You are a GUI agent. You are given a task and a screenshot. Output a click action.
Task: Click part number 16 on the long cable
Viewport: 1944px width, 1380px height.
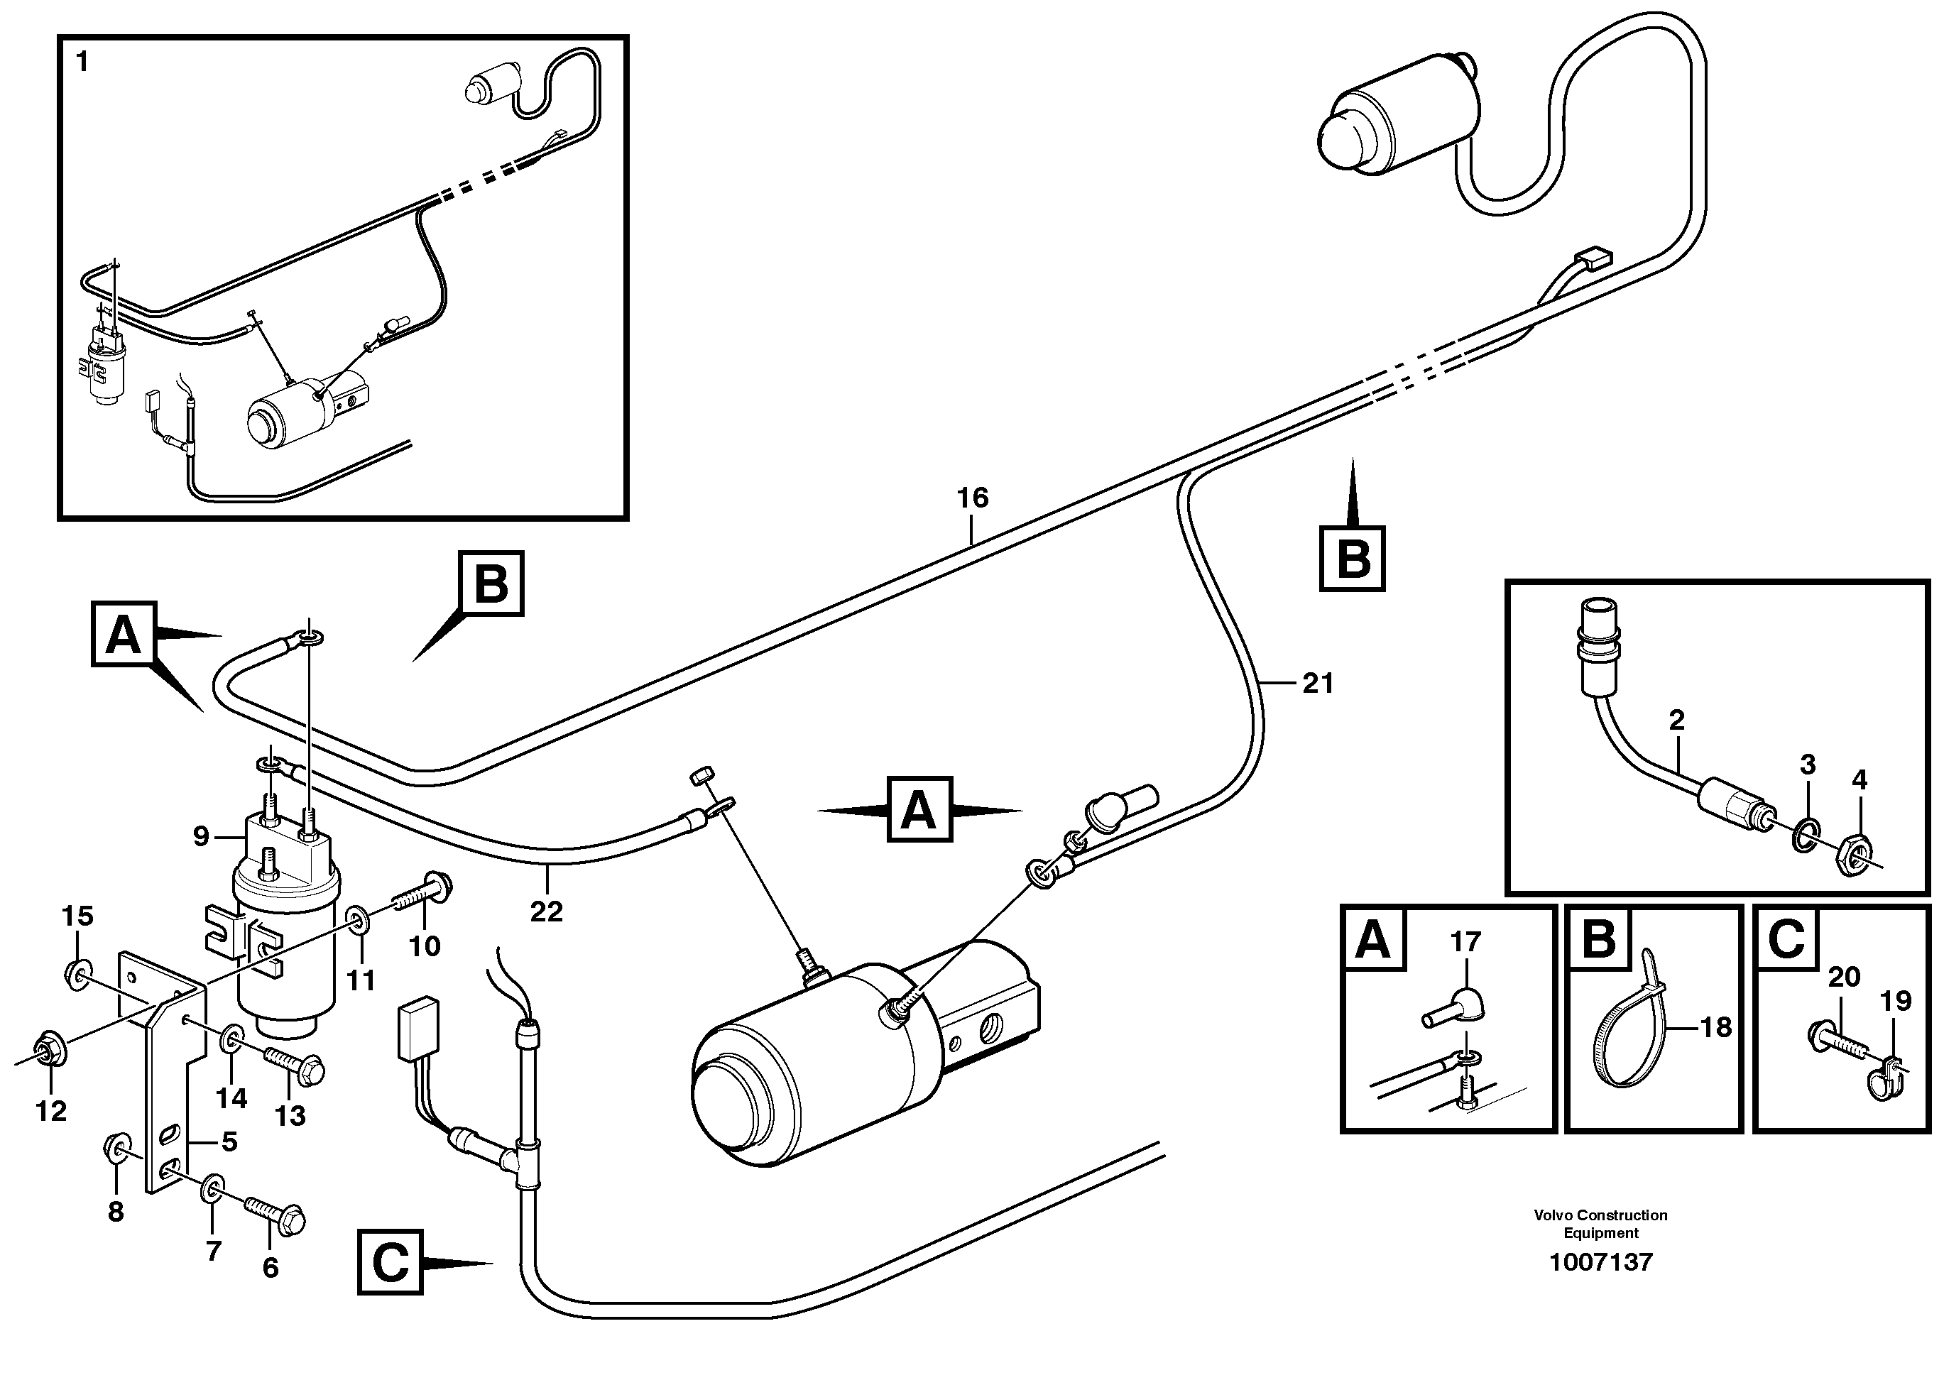click(972, 498)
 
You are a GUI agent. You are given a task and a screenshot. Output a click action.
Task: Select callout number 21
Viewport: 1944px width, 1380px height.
click(1317, 683)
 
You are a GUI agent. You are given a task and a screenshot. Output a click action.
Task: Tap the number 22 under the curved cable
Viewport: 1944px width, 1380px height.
click(545, 911)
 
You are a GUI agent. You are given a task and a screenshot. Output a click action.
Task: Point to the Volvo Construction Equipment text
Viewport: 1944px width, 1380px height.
click(1601, 1224)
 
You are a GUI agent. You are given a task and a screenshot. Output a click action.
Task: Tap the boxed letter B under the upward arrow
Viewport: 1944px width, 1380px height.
click(1352, 560)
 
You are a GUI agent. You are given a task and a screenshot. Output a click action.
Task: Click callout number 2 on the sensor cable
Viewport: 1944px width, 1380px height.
click(1676, 721)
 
